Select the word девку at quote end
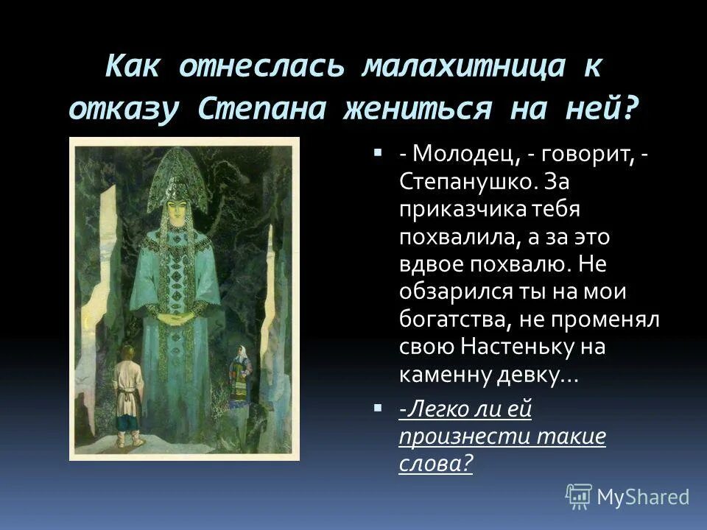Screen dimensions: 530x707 (x=525, y=375)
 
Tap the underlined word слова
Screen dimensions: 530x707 (x=432, y=464)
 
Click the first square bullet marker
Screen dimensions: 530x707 (x=378, y=154)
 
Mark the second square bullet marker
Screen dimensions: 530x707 (x=378, y=407)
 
